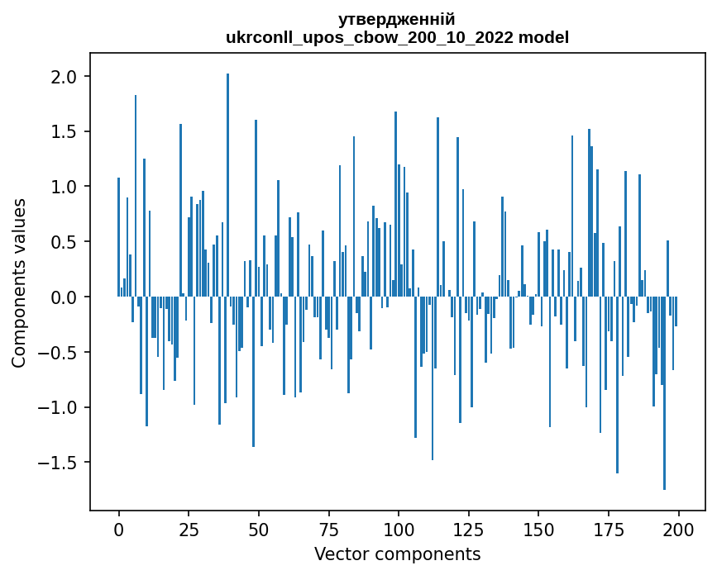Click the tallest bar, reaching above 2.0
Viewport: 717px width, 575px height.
click(227, 185)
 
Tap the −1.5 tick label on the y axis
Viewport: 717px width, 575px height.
click(59, 463)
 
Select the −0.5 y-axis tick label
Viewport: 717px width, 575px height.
click(59, 353)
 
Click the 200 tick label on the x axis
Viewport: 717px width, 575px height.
click(679, 529)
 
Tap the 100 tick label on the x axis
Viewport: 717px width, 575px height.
click(399, 529)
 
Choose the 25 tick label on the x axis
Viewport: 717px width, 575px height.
click(189, 529)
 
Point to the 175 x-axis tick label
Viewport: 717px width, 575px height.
click(609, 529)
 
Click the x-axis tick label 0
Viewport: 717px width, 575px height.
click(118, 529)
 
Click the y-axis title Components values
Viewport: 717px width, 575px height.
click(19, 283)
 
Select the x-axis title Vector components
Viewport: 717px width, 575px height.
click(397, 554)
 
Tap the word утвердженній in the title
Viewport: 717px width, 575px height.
click(397, 19)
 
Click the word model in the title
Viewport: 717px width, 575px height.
click(543, 37)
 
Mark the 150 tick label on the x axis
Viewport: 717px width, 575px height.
click(538, 529)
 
